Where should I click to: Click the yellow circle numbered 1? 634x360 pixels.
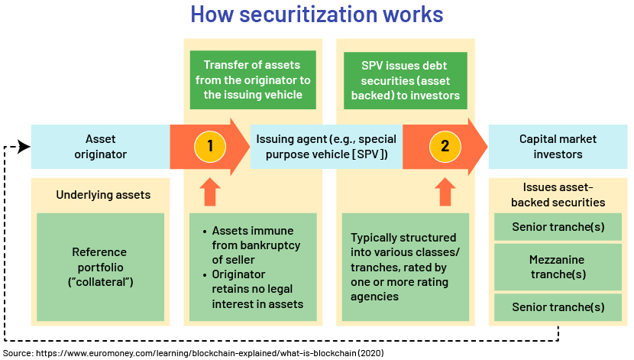pos(210,146)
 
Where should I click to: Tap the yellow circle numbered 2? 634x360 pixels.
pos(445,146)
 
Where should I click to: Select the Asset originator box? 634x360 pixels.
pos(100,147)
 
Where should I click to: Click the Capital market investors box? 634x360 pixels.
pos(558,147)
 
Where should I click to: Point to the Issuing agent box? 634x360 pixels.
pos(326,147)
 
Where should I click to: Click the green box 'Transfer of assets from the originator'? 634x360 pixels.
pos(253,79)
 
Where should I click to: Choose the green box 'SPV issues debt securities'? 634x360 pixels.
pos(405,80)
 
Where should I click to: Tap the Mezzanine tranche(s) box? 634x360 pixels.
pos(558,267)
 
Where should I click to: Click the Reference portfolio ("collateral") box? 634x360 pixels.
pos(100,267)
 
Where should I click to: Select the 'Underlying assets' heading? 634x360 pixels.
pos(103,195)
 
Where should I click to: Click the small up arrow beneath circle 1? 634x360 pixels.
pos(210,192)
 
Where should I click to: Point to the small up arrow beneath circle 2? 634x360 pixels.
pos(445,192)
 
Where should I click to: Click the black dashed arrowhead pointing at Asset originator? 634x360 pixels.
pos(24,147)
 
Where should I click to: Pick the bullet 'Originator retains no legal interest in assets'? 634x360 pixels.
pos(253,289)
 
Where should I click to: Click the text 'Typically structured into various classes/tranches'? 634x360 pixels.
pos(405,252)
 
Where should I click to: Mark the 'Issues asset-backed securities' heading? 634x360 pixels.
pos(558,195)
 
